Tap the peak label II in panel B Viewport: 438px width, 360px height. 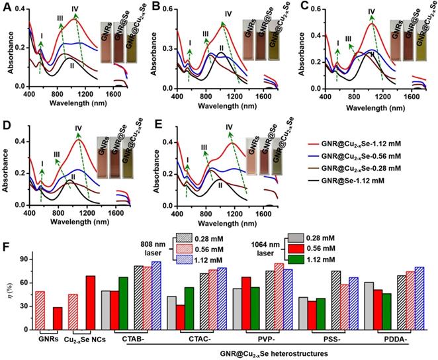tap(222, 48)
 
